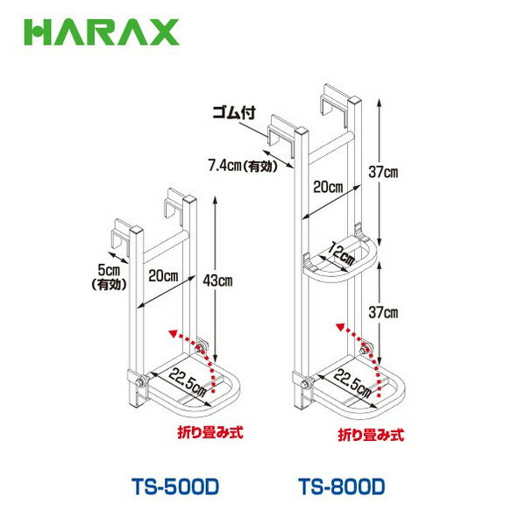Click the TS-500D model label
click(167, 483)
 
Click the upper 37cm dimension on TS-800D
click(384, 174)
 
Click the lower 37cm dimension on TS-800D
click(384, 311)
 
